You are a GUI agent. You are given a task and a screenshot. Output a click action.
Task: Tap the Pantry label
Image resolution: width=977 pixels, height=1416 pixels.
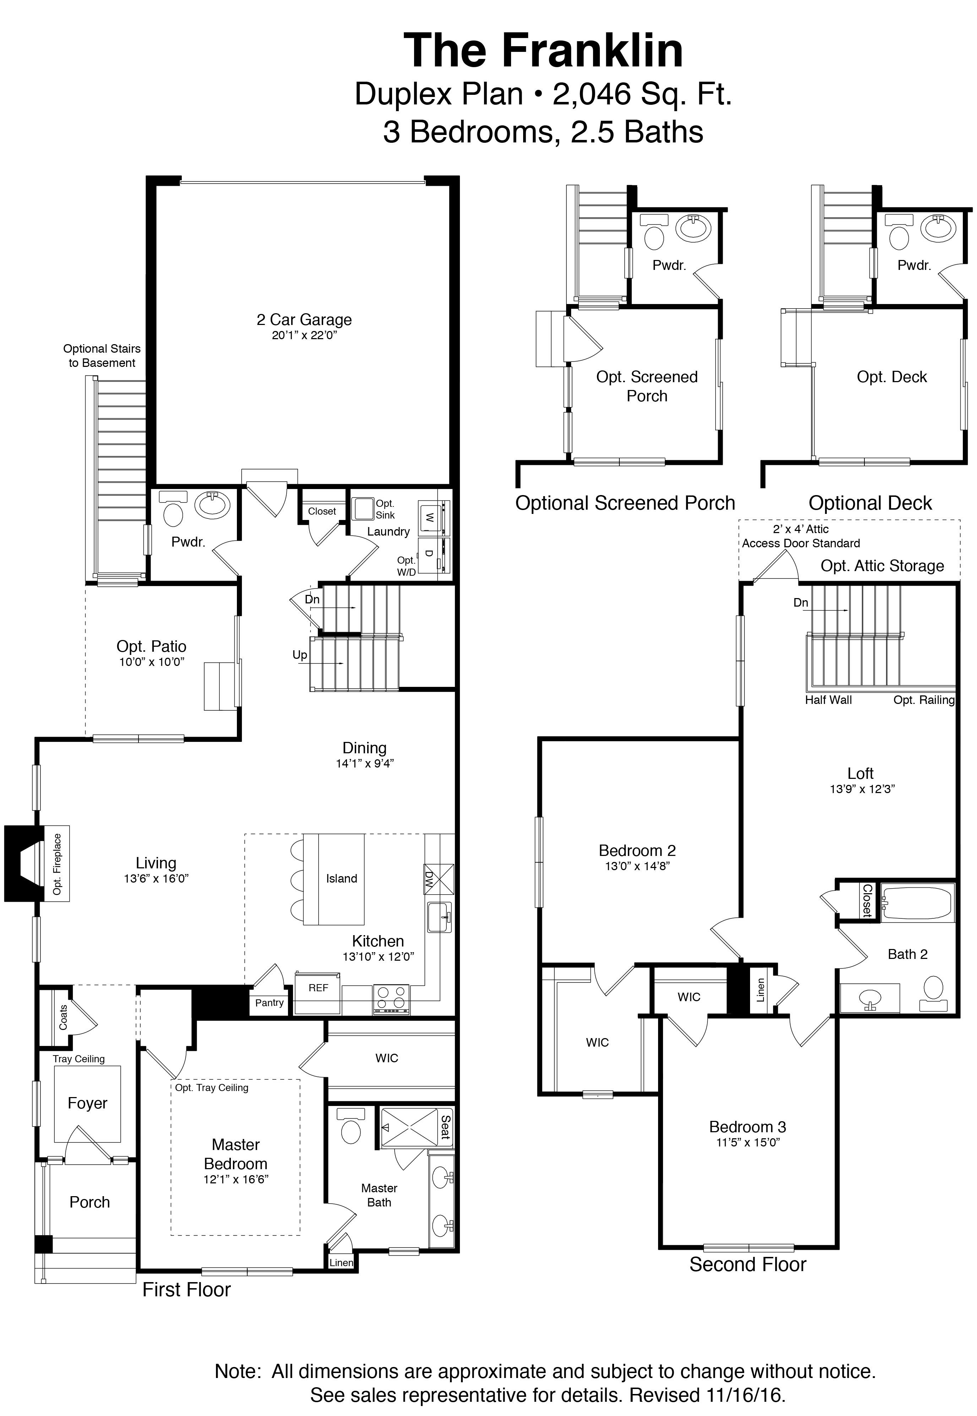[269, 1003]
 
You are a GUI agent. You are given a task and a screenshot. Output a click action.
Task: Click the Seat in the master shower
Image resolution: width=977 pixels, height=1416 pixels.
[445, 1127]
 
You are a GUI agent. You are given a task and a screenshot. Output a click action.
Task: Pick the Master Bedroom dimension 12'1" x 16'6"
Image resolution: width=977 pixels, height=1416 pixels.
[236, 1179]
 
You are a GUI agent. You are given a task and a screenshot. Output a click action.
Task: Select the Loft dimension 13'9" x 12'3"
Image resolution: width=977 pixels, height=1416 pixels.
[862, 789]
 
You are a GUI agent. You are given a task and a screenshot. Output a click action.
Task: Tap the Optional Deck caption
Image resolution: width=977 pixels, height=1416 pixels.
[869, 503]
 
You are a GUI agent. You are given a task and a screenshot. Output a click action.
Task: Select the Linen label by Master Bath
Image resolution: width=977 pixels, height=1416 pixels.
[341, 1262]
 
